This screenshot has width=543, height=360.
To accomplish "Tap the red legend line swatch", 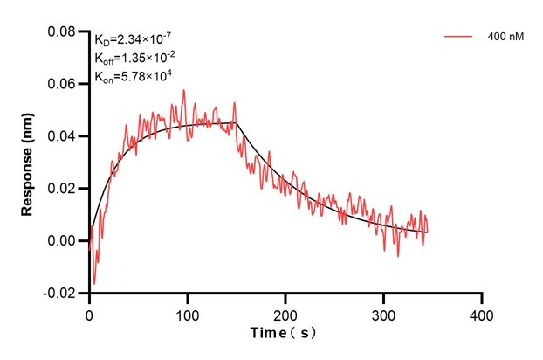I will click(459, 38).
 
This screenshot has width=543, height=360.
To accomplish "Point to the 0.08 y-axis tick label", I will click(62, 32).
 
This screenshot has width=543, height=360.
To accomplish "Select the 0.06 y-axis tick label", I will click(62, 84).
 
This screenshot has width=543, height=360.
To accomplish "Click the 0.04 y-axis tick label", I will click(62, 136).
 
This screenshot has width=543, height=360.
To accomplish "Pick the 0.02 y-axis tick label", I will click(62, 188).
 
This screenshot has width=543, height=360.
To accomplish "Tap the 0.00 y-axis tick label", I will click(62, 240).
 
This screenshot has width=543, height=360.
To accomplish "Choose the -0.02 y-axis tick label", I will click(60, 292).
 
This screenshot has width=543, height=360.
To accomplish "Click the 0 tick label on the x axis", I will click(89, 312).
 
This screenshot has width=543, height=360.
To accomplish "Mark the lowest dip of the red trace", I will click(94, 284).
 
